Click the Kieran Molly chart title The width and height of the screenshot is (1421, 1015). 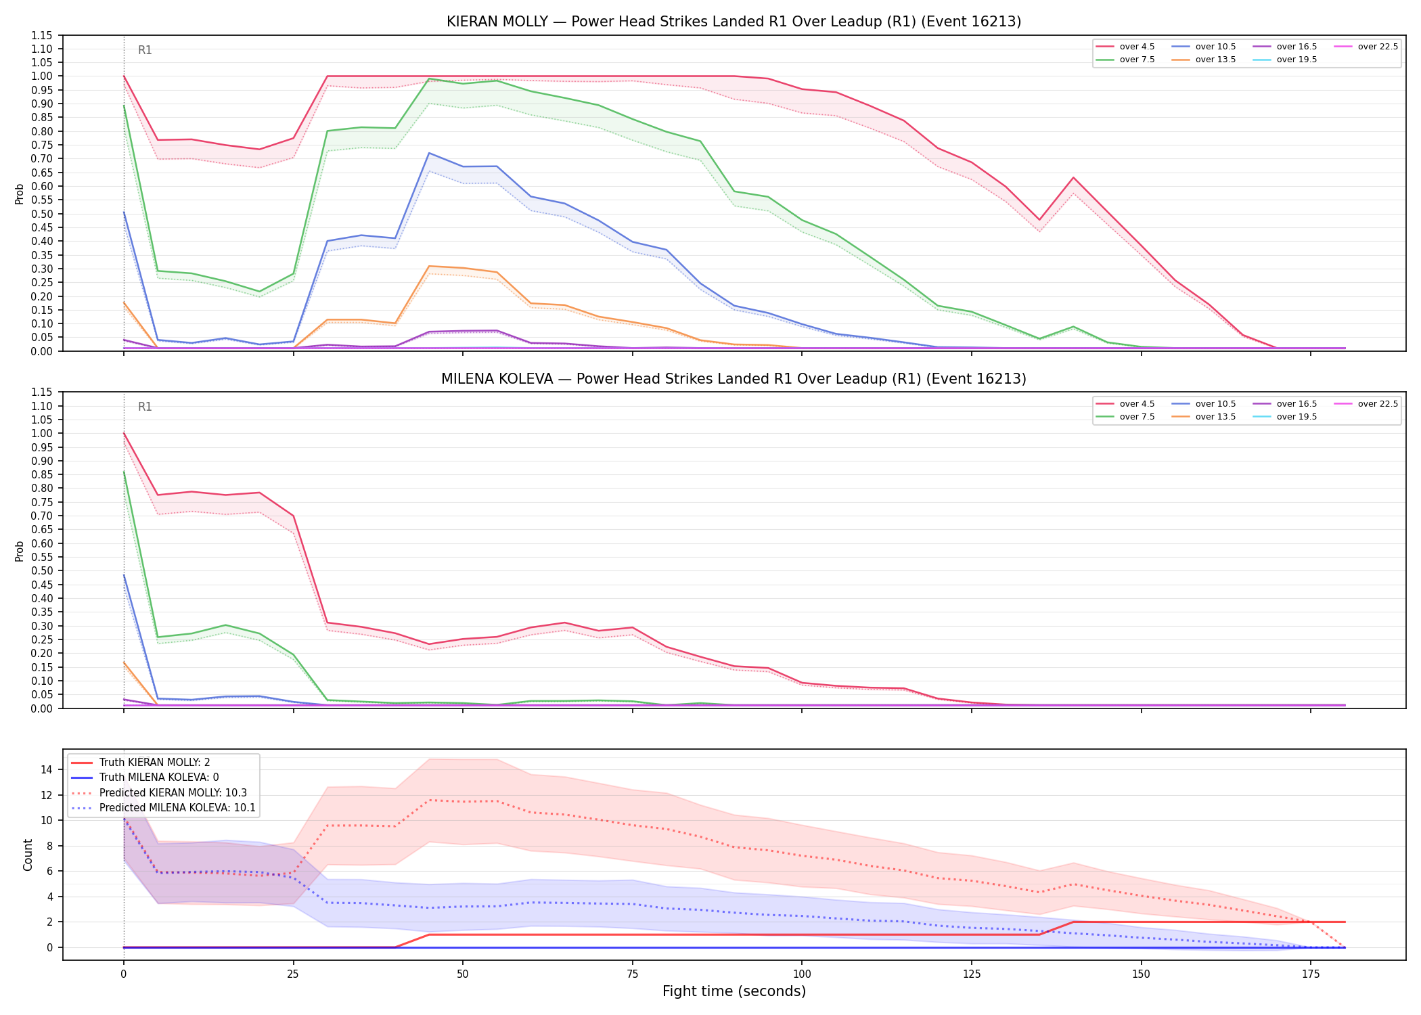coord(734,22)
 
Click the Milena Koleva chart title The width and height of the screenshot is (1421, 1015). coord(734,379)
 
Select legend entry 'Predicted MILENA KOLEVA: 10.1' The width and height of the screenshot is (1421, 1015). coord(163,808)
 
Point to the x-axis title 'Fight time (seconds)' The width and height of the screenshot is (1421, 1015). coord(734,991)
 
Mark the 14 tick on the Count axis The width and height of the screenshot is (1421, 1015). coord(47,769)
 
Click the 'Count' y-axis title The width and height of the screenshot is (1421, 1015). coord(28,855)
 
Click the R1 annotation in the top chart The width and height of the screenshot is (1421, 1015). coord(145,50)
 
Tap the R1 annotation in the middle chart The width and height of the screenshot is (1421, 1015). coord(145,407)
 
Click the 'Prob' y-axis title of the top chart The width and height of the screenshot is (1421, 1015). coord(20,194)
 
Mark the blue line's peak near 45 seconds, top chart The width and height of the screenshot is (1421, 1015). coord(429,153)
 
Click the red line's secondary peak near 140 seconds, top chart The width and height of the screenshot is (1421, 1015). coord(1073,178)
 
